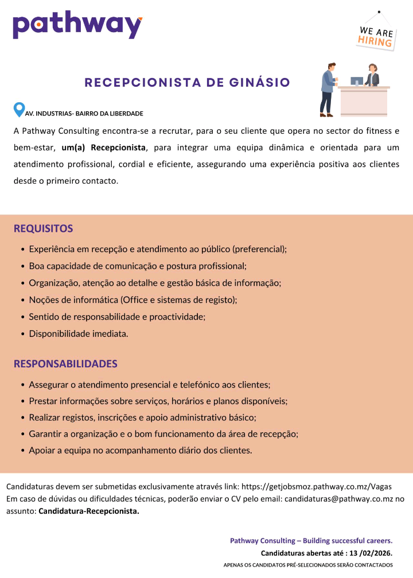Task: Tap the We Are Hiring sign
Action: coord(376,36)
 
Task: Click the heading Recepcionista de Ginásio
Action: coord(187,83)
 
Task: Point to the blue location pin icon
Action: coord(19,110)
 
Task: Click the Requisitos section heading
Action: coord(43,228)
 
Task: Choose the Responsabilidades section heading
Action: coord(65,364)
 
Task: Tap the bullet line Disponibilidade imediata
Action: coord(79,333)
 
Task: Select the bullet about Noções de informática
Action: coord(133,300)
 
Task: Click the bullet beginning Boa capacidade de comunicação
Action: coord(138,266)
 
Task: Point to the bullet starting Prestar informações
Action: coord(158,401)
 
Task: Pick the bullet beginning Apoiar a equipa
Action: coord(141,451)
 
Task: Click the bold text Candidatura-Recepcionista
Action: coord(89,511)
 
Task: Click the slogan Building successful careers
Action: coord(348,541)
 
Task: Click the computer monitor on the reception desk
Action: coord(356,81)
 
